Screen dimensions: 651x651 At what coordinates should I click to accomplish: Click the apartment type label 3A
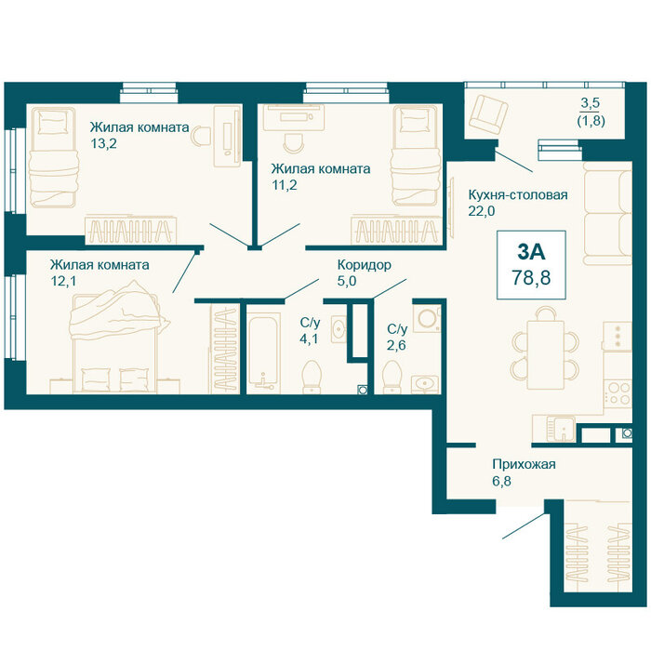click(531, 252)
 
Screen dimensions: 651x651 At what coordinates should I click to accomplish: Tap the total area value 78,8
click(531, 277)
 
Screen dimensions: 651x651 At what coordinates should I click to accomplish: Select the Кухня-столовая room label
click(518, 194)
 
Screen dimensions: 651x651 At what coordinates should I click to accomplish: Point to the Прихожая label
click(524, 464)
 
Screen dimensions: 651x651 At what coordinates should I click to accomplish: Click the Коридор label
click(365, 264)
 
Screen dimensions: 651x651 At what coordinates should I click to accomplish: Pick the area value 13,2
click(104, 143)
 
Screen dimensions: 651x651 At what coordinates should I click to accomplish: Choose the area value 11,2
click(285, 185)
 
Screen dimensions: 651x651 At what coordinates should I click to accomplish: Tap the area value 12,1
click(63, 282)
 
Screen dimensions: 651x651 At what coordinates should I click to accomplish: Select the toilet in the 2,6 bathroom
click(392, 377)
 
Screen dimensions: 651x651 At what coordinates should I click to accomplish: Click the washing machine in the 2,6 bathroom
click(427, 318)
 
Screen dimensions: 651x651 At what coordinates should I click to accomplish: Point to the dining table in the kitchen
click(546, 354)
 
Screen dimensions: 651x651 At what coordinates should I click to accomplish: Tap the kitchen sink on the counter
click(561, 430)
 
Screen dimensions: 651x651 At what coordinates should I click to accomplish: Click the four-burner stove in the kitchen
click(618, 393)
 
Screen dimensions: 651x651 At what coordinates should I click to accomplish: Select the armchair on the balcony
click(488, 114)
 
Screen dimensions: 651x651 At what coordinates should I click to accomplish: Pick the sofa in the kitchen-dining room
click(607, 213)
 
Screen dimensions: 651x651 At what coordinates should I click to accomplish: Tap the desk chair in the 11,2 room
click(295, 142)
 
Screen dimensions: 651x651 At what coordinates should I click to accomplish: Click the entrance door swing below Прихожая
click(524, 526)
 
